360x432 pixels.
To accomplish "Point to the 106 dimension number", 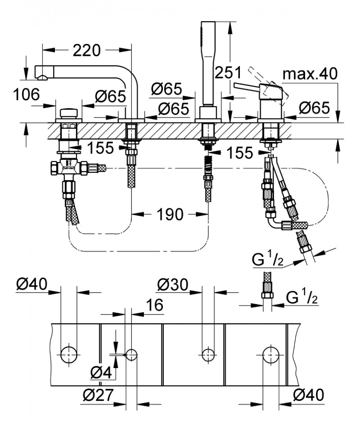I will pos(25,95).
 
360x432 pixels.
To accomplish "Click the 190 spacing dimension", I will pos(170,215).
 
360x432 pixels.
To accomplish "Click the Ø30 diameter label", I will pos(173,284).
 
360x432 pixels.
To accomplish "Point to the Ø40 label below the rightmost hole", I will pos(309,396).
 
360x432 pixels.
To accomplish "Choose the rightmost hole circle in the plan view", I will pos(270,354).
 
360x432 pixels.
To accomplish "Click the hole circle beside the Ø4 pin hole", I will pos(131,354).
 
